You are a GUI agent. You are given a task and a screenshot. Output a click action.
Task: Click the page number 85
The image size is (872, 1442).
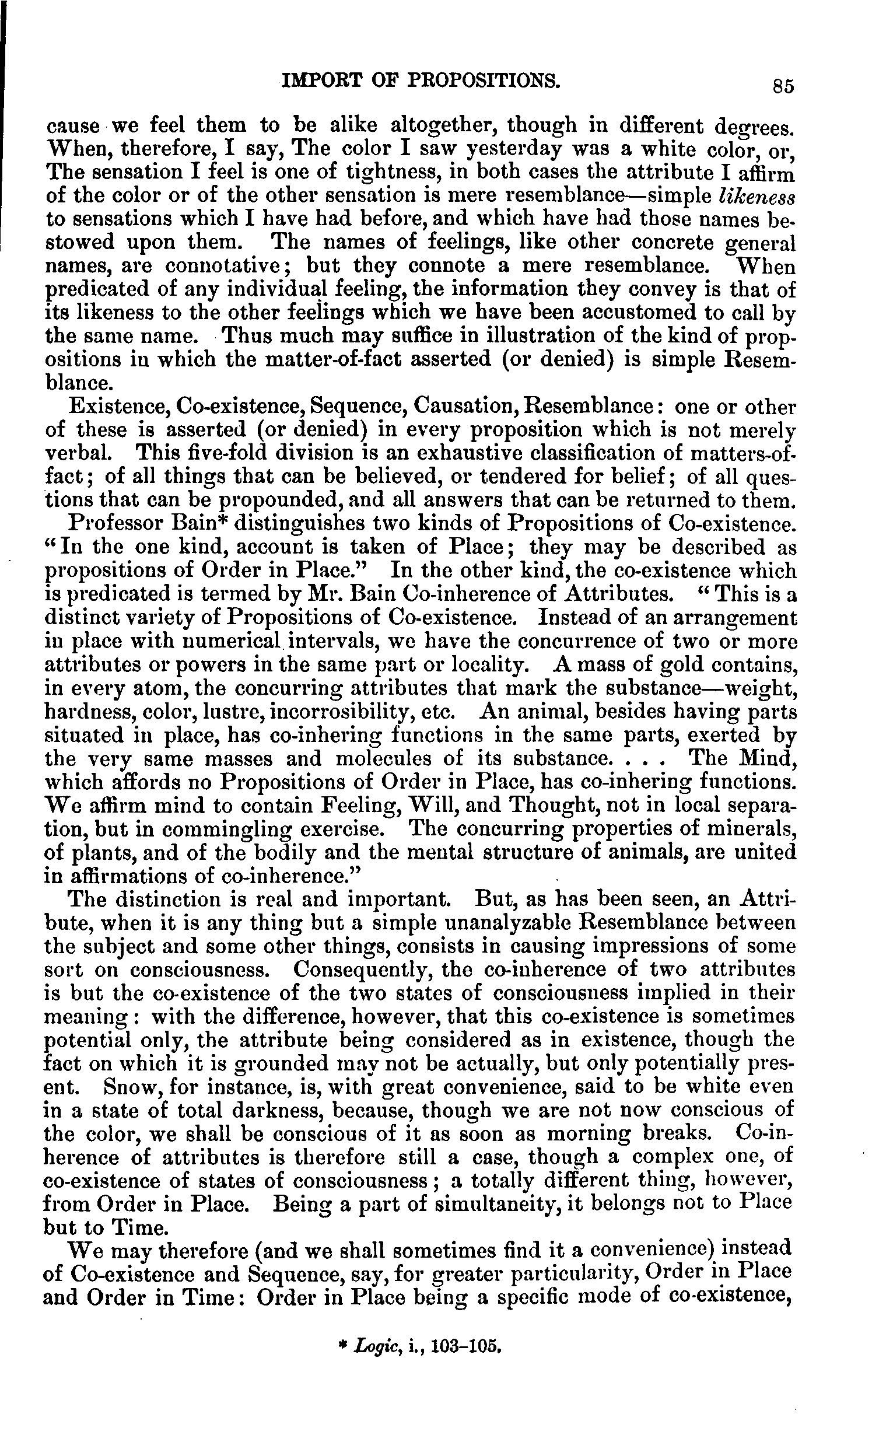click(x=782, y=86)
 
